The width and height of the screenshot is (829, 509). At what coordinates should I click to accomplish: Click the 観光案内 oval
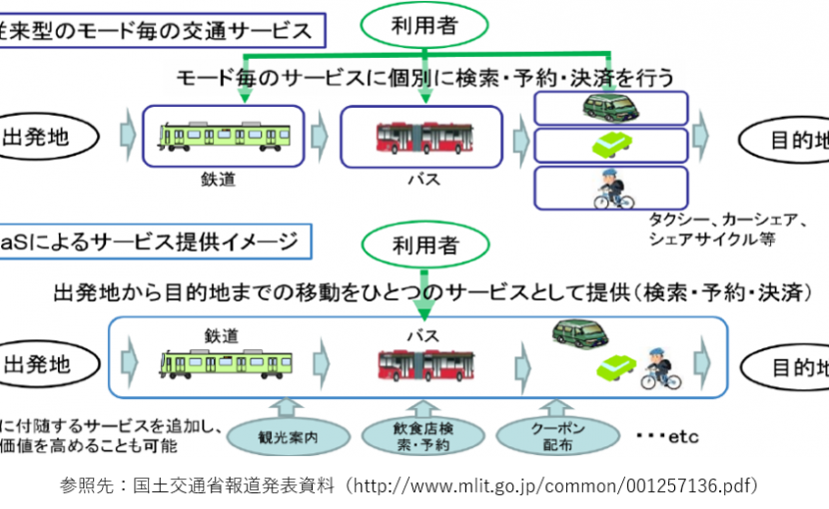click(x=289, y=437)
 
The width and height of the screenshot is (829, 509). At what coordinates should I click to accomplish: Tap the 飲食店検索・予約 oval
click(x=420, y=437)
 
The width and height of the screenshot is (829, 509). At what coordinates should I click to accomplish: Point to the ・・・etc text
click(x=667, y=437)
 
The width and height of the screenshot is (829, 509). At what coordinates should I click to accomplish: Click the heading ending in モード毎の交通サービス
click(x=160, y=30)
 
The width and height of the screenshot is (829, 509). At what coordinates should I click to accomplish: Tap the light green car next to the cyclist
click(x=615, y=369)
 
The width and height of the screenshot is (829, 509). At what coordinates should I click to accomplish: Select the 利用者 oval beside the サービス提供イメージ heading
click(x=425, y=242)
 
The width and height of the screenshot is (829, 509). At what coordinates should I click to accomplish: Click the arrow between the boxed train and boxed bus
click(x=320, y=134)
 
